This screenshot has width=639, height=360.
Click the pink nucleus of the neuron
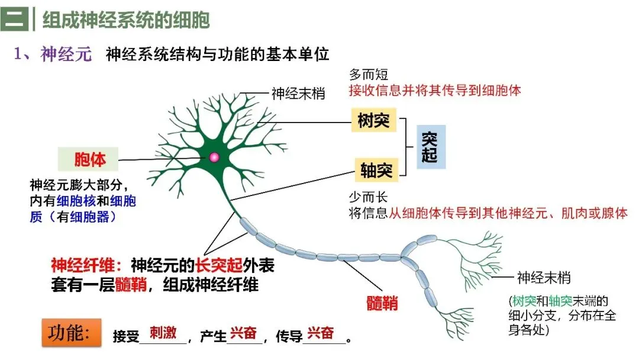[214, 157]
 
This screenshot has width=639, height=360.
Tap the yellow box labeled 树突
[374, 120]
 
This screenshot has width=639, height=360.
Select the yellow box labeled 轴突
[376, 169]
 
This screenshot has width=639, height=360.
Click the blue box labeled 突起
[431, 147]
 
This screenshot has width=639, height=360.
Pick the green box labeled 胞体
[88, 159]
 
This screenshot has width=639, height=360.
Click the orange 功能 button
[72, 333]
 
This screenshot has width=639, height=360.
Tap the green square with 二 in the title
[14, 19]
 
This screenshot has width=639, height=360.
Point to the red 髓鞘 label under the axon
[382, 303]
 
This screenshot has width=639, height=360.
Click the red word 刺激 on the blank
[163, 333]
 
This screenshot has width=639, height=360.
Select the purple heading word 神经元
[66, 54]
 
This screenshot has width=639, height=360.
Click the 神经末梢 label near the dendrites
[298, 94]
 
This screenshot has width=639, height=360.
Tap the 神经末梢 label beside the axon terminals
[544, 278]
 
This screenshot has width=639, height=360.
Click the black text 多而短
[369, 75]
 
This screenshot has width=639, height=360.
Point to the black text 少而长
[368, 197]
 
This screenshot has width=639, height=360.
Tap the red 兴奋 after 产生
[243, 333]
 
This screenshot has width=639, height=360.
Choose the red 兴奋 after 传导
[320, 333]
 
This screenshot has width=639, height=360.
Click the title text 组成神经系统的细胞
[126, 20]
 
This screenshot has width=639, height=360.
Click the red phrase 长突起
[219, 265]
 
